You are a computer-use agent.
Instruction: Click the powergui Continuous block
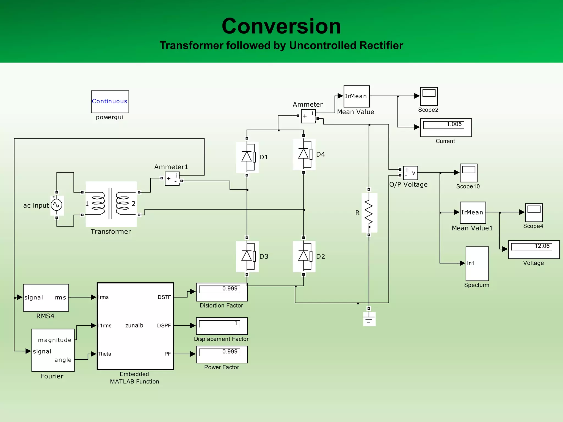[110, 102]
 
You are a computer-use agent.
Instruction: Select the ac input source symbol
[57, 205]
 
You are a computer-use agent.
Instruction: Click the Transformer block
[111, 204]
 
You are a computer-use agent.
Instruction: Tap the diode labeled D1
[247, 157]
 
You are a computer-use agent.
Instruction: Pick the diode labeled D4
[304, 154]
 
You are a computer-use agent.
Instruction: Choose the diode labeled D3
[247, 256]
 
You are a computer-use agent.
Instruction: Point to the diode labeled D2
[304, 256]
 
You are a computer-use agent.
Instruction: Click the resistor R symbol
[369, 212]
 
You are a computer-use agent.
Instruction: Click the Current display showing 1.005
[446, 127]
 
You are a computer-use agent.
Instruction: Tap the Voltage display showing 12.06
[534, 249]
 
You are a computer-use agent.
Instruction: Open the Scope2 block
[429, 96]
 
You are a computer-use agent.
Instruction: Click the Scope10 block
[468, 173]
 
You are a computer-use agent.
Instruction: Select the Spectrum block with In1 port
[477, 263]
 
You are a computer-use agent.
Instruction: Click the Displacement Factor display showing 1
[222, 326]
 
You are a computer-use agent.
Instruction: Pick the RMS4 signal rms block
[46, 298]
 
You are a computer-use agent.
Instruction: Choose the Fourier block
[53, 350]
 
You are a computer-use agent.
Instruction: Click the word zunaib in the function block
[134, 326]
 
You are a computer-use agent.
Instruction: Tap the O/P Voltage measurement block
[410, 173]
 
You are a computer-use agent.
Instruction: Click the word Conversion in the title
[281, 26]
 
